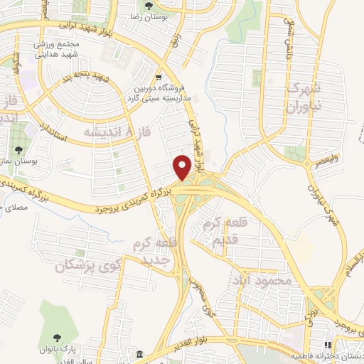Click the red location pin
coord(183,167)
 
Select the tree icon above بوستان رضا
coord(149,6)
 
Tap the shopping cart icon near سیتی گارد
coord(159,77)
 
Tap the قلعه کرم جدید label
coord(150,252)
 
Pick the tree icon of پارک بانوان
coord(58,336)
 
